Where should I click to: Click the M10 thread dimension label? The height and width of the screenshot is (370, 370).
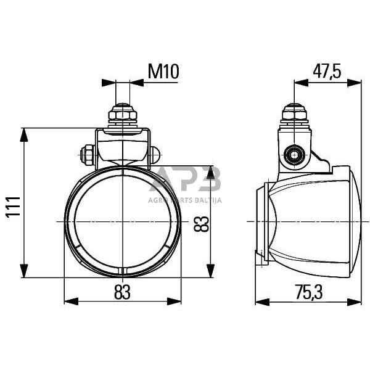click(163, 72)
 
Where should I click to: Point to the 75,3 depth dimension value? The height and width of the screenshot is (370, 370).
click(308, 292)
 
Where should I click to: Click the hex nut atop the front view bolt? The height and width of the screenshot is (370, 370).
click(123, 115)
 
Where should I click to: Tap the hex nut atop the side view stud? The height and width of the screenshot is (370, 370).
click(294, 114)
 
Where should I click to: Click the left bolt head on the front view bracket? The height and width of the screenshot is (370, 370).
click(87, 155)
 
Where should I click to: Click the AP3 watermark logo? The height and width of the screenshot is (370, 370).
click(185, 180)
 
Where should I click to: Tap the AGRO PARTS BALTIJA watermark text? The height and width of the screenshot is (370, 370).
click(185, 200)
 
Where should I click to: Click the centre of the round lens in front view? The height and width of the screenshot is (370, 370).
click(123, 221)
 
